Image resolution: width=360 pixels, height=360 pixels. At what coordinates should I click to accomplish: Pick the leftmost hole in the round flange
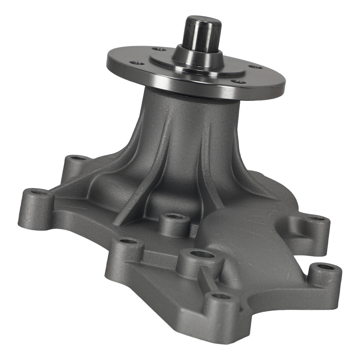(137, 63)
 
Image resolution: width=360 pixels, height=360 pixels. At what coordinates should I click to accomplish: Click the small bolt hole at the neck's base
(175, 217)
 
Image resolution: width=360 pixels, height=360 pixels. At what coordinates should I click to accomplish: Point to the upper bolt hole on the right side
(317, 219)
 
